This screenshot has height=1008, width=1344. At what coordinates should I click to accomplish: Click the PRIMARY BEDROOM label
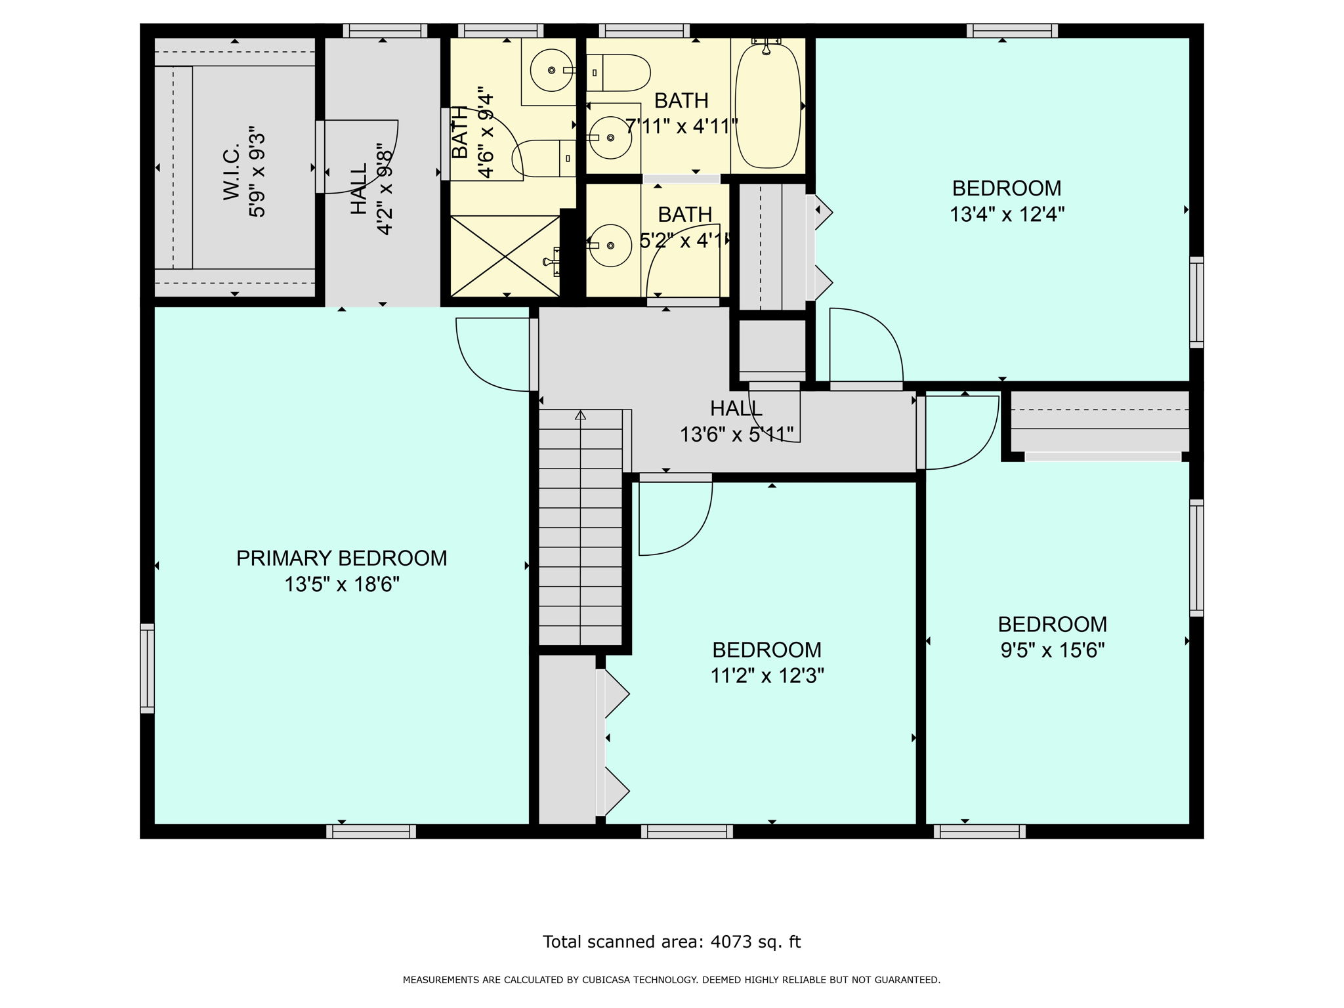[341, 558]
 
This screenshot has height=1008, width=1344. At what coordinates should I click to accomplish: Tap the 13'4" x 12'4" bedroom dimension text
[1007, 215]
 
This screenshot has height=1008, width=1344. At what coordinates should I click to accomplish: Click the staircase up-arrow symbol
[580, 415]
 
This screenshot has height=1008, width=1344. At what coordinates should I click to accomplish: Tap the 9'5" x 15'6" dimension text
[1052, 650]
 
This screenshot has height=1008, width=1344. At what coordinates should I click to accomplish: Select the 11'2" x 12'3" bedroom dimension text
[766, 675]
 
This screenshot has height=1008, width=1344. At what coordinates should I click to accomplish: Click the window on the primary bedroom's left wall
[148, 668]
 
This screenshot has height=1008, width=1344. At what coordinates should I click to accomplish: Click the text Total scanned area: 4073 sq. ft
[671, 942]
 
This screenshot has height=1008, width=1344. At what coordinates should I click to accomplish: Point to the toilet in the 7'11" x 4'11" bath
[620, 73]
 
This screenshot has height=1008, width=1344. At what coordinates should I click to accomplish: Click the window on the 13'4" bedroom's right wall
[1196, 302]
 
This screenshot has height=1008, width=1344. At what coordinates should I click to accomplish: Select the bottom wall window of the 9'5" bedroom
[979, 831]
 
